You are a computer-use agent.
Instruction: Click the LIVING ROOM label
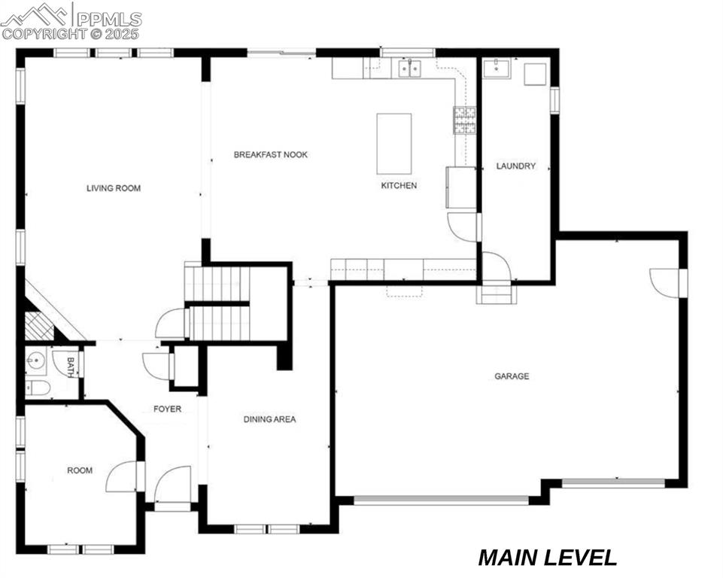(x=114, y=188)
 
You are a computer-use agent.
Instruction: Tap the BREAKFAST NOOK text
(x=270, y=154)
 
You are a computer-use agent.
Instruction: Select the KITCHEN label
(x=398, y=185)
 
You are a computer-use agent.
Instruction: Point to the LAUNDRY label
(x=515, y=166)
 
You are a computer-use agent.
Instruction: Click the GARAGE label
(x=511, y=376)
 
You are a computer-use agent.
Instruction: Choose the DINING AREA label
(x=269, y=419)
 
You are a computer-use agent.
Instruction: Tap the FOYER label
(x=167, y=409)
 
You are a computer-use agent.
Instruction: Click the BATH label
(x=71, y=367)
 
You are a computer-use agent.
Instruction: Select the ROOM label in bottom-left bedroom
(x=80, y=470)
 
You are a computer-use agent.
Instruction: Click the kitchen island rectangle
(x=394, y=144)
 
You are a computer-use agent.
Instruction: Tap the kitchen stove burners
(x=464, y=120)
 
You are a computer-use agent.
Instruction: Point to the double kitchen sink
(x=409, y=68)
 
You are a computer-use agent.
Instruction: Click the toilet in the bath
(x=37, y=388)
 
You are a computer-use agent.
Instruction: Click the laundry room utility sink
(x=497, y=69)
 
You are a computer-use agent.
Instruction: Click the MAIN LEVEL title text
(x=548, y=558)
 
